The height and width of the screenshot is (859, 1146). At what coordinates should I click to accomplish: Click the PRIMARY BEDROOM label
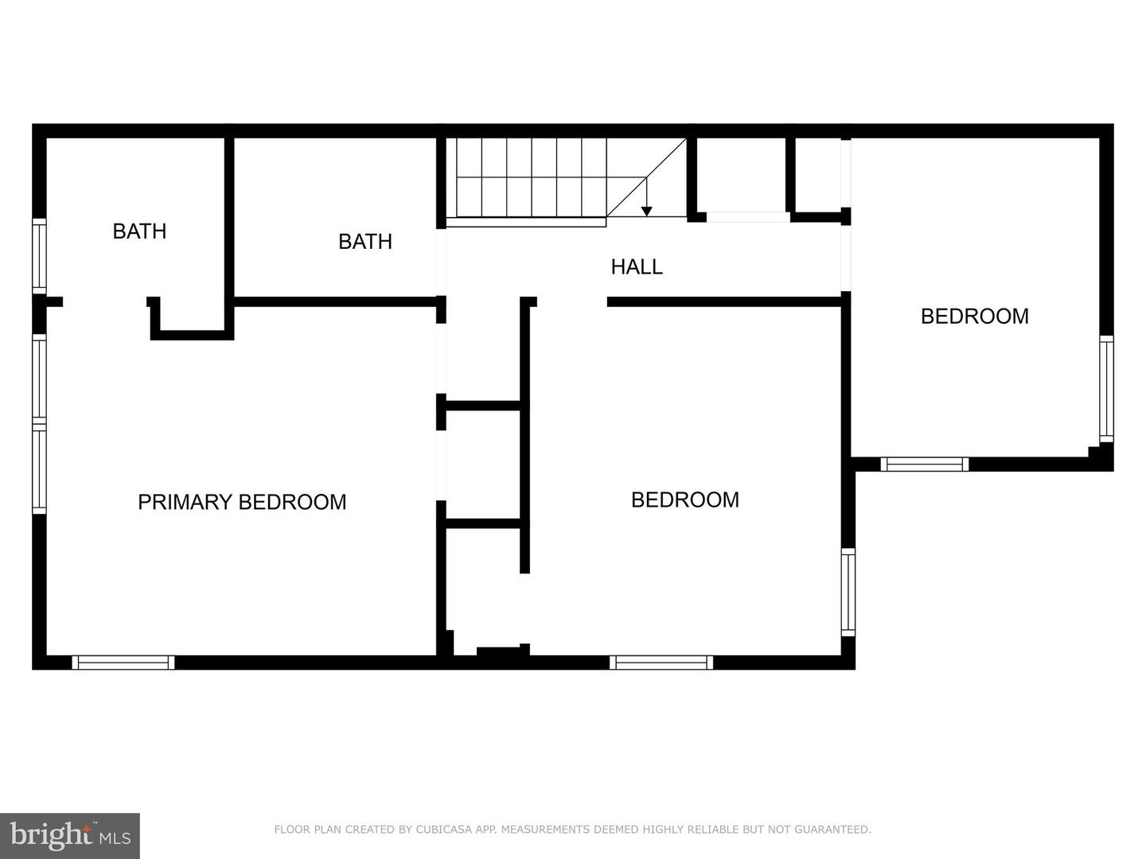[x=242, y=502]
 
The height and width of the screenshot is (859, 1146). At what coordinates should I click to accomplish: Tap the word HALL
[x=637, y=266]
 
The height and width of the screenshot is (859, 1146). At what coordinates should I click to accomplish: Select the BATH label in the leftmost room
[x=139, y=231]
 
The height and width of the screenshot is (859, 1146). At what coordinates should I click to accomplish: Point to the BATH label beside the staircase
[x=365, y=242]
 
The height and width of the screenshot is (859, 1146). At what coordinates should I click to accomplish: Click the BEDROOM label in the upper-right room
[x=974, y=317]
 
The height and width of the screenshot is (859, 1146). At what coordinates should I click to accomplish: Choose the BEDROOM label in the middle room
[x=684, y=499]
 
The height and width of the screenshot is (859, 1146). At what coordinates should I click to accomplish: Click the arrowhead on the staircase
[x=647, y=211]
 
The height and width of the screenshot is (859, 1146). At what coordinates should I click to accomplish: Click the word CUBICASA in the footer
[x=449, y=830]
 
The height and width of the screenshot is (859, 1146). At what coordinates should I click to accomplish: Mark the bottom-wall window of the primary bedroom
[x=123, y=662]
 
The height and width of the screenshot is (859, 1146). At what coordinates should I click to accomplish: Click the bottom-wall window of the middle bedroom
[x=661, y=662]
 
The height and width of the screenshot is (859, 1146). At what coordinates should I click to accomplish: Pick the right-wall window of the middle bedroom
[x=848, y=591]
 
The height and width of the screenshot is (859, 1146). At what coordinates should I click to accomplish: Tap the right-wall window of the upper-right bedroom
[x=1106, y=388]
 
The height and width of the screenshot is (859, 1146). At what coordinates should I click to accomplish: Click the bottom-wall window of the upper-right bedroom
[x=924, y=464]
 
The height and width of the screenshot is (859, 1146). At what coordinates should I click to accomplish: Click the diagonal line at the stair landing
[x=646, y=177]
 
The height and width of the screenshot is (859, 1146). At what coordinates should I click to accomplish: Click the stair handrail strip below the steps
[x=525, y=222]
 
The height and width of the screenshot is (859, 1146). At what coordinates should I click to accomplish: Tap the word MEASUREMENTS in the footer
[x=546, y=830]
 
